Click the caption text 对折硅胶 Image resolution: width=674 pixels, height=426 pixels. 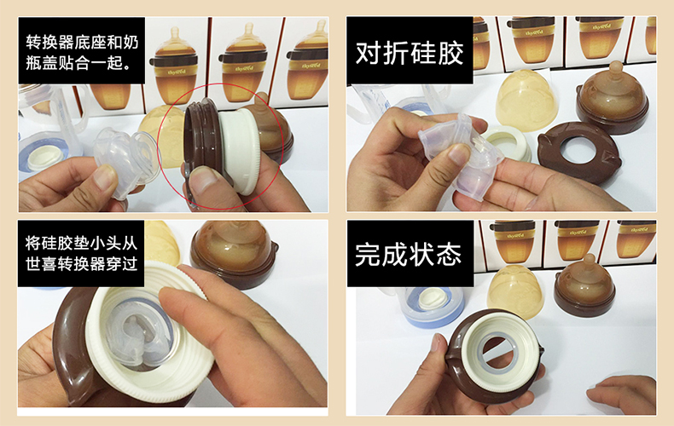pos(410,52)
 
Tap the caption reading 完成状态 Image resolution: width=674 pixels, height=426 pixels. pos(409,254)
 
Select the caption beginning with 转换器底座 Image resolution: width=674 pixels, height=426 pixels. pos(82,52)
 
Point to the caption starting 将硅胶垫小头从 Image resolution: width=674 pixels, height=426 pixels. pos(81,253)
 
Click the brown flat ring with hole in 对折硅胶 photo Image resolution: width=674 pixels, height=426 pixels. pos(579,153)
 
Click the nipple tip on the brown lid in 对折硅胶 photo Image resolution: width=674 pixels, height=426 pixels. pos(615,68)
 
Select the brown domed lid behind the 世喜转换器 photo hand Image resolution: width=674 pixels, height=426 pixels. pos(235,252)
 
